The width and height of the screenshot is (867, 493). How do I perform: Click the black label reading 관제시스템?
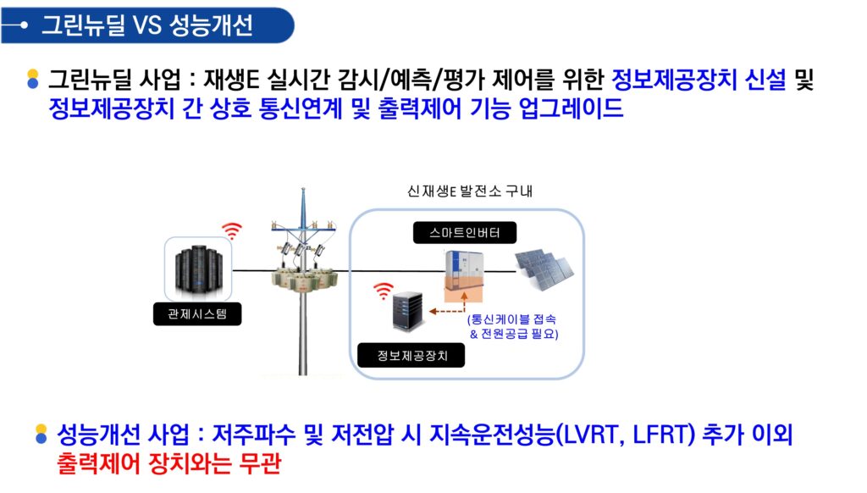(197, 314)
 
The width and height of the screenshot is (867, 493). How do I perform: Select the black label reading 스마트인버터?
(465, 233)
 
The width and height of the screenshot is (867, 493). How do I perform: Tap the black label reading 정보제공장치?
(411, 355)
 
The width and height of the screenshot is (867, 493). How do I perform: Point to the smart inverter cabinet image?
(465, 277)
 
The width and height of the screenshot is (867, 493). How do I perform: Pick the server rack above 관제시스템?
(198, 269)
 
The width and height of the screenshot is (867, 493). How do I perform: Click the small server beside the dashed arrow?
(408, 312)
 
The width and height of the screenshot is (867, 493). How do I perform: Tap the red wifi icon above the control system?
(232, 230)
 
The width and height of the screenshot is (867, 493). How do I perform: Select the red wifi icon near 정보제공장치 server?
(384, 291)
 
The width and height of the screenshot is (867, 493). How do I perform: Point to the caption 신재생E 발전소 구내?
(469, 191)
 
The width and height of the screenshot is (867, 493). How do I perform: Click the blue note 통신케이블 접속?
(511, 319)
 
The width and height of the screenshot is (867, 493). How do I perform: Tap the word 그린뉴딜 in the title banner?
(83, 25)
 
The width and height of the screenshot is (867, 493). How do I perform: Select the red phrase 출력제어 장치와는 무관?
(168, 463)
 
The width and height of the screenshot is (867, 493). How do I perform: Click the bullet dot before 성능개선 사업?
(41, 435)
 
